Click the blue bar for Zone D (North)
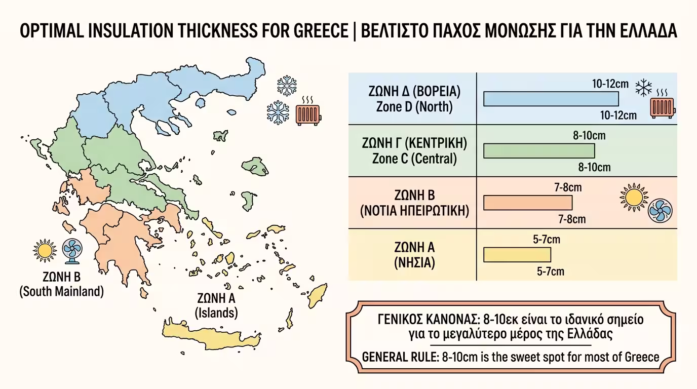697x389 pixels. (x=551, y=99)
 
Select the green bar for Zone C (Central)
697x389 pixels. (x=539, y=151)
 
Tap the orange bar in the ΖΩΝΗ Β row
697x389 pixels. (x=528, y=203)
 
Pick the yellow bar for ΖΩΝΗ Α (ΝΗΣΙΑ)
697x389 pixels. (x=517, y=254)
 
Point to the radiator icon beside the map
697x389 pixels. (x=307, y=112)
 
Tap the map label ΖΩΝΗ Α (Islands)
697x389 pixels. (x=216, y=305)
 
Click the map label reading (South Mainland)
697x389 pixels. (x=61, y=292)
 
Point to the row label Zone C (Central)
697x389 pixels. (x=414, y=159)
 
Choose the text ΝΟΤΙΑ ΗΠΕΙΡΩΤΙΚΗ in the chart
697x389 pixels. (x=414, y=211)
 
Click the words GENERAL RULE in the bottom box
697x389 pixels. (x=400, y=357)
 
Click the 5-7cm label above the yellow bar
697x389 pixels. (x=547, y=239)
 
